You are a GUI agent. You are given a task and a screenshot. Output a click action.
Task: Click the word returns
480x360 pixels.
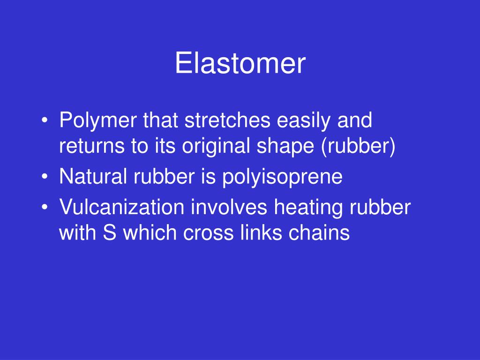coord(89,147)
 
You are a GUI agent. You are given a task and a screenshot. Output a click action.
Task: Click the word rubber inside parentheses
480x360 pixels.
coord(358,147)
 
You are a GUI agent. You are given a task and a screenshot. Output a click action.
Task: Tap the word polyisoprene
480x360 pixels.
coord(282,178)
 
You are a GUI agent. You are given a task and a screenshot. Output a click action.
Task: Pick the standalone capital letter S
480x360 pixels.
coord(109,233)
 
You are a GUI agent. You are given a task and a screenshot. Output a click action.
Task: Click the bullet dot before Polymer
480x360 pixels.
coord(45,122)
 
